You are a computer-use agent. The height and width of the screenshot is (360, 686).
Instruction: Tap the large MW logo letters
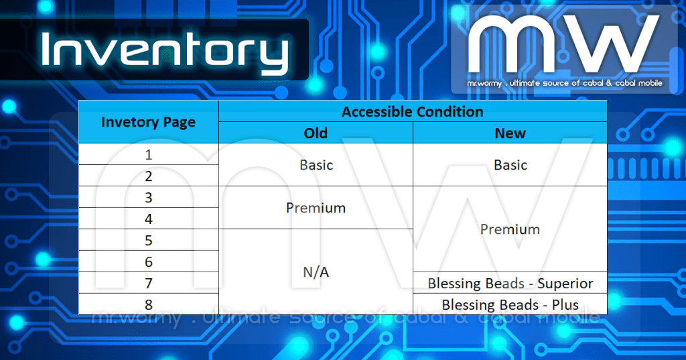click(563, 46)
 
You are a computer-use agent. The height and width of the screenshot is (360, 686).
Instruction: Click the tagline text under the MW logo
click(565, 83)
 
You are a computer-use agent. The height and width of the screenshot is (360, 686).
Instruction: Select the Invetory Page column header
click(148, 122)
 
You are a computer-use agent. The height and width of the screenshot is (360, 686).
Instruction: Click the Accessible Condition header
click(412, 111)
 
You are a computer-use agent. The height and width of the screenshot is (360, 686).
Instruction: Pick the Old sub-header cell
click(316, 133)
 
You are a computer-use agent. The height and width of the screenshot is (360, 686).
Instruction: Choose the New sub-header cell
click(510, 133)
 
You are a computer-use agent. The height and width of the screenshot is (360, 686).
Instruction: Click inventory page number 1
click(148, 155)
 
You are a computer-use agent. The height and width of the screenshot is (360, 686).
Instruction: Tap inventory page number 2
click(148, 176)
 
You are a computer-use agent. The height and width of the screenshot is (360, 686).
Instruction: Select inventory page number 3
click(148, 198)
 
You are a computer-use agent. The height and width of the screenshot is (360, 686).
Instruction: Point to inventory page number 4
click(148, 219)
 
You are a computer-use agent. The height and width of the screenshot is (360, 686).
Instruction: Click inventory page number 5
click(148, 241)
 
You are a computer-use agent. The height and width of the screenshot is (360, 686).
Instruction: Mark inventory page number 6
click(148, 262)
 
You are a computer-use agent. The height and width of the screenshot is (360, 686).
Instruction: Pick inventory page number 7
click(148, 284)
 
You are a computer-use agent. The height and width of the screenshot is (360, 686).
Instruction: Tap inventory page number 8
click(148, 304)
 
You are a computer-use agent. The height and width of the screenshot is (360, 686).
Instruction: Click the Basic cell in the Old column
click(316, 165)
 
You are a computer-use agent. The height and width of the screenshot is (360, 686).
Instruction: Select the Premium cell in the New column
click(510, 229)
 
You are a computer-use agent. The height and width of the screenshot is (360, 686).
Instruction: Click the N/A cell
click(316, 273)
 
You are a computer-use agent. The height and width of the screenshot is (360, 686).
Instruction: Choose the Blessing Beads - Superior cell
click(510, 284)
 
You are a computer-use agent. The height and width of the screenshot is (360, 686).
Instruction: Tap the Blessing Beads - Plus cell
click(510, 304)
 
